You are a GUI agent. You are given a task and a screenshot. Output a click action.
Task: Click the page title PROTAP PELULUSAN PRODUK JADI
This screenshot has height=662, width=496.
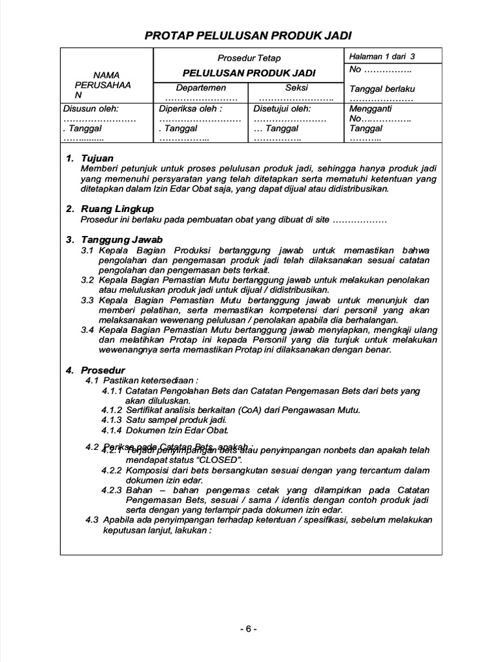point(248,35)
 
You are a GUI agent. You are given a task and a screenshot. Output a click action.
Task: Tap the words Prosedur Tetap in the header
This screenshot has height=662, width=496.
point(249,58)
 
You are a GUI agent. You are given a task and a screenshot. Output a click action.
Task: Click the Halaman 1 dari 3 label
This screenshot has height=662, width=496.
point(382,57)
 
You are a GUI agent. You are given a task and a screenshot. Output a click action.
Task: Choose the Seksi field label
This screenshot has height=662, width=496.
point(296,88)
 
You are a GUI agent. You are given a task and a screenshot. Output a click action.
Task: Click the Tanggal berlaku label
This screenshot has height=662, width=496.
point(382,89)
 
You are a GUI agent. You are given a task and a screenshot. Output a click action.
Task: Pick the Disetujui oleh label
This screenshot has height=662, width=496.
point(282,109)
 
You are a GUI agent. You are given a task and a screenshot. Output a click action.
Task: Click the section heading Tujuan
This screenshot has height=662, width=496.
point(97,158)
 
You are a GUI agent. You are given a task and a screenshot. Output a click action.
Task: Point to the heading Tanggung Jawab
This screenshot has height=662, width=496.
point(121,240)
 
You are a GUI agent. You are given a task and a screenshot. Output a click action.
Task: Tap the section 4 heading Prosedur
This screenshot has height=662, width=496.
point(103,370)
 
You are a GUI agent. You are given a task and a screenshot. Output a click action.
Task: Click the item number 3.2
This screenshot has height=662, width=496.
point(88,280)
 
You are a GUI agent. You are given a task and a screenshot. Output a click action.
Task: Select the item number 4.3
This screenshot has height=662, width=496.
point(92,520)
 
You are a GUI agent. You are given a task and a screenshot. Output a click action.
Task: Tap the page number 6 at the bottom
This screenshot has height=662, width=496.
point(249,629)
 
